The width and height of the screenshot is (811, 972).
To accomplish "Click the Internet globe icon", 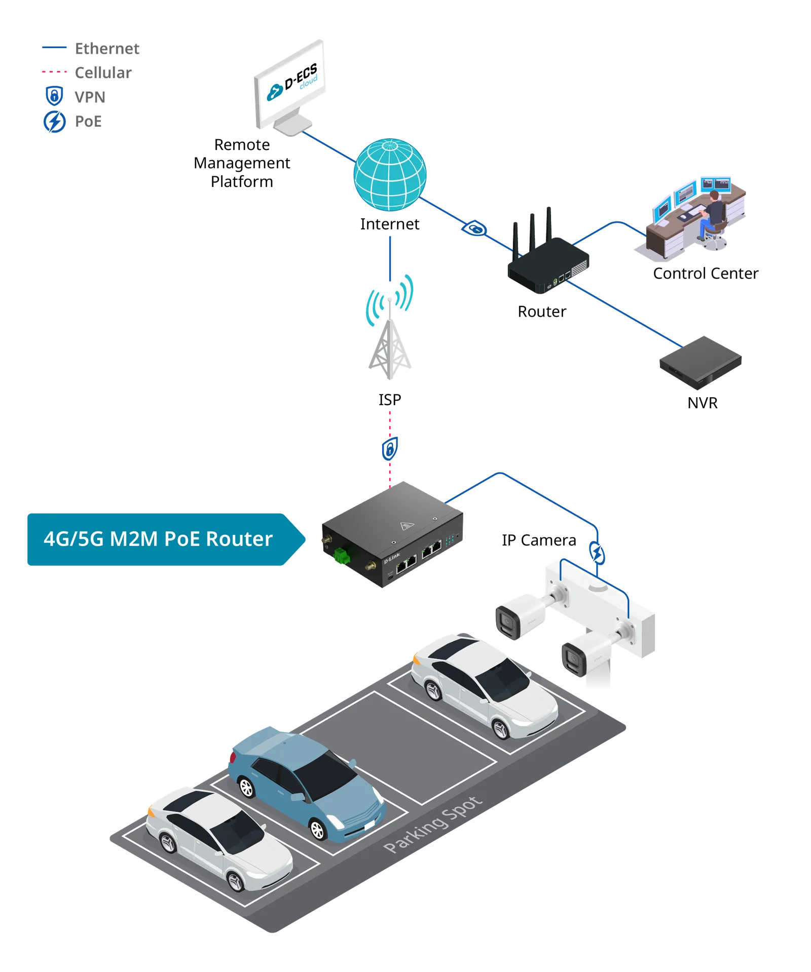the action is [x=390, y=175].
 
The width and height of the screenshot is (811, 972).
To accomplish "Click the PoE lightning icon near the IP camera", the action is [x=597, y=553].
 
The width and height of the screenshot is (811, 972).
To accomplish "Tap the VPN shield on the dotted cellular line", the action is [x=390, y=448].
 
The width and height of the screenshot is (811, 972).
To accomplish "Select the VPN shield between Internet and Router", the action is [x=474, y=229].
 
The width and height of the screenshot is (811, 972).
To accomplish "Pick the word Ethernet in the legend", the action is [x=107, y=49].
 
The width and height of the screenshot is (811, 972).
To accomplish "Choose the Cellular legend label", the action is [x=103, y=73].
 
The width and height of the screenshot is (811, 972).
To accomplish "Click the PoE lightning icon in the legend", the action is [x=54, y=122].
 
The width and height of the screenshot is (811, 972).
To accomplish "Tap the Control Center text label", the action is [x=706, y=274].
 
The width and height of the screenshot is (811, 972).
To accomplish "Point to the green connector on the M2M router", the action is [x=342, y=556].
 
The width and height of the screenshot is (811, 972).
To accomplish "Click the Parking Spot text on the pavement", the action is [x=432, y=825].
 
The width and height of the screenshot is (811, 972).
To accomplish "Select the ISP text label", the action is [x=390, y=400].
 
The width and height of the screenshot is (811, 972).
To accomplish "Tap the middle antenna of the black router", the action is [x=532, y=232].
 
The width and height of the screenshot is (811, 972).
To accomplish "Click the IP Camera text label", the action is [x=539, y=540].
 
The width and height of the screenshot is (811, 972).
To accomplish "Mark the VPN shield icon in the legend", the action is [x=54, y=96].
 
